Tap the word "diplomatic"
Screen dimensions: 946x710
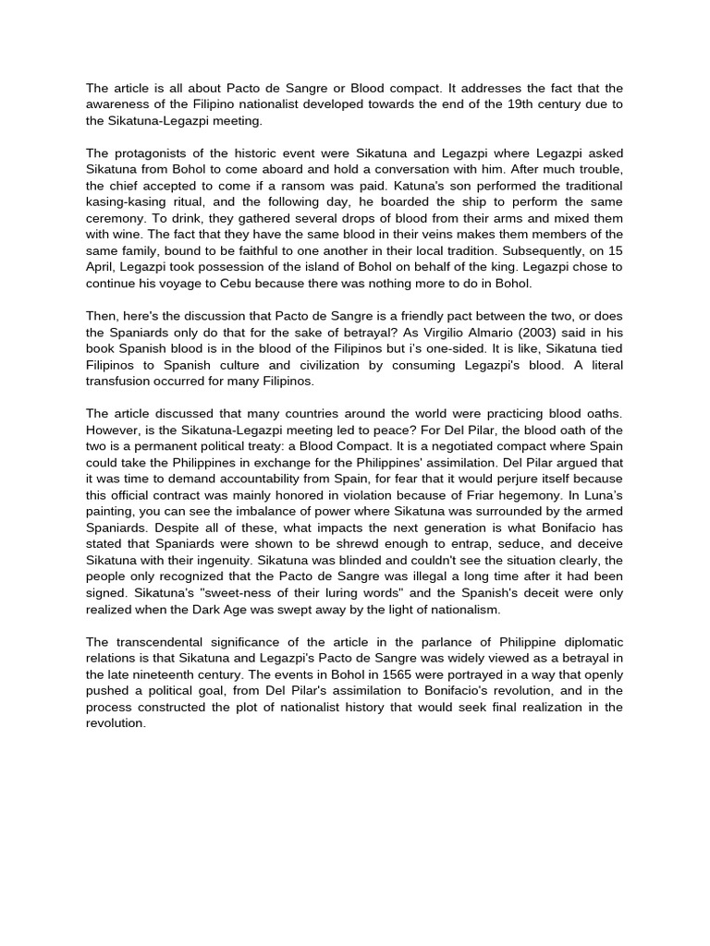[589, 642]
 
